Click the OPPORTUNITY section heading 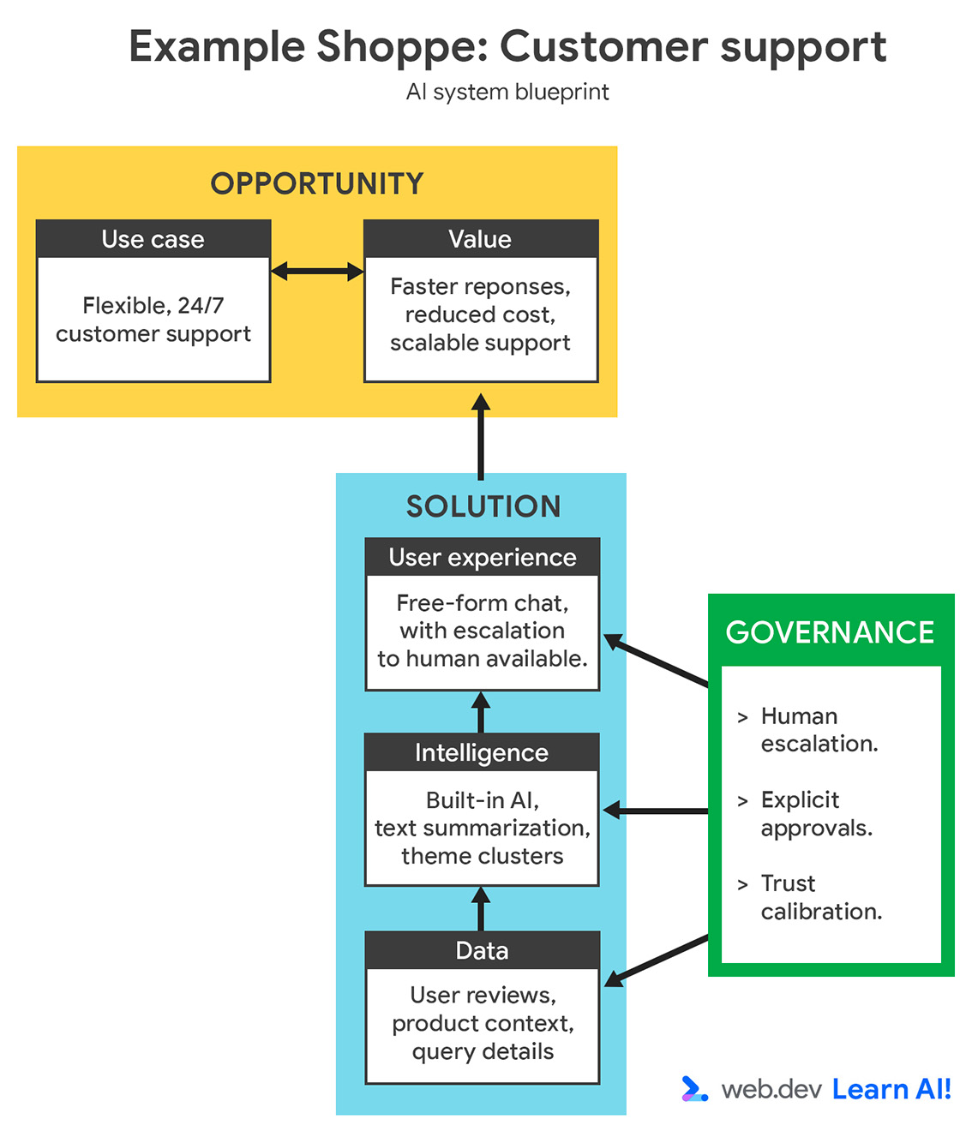click(317, 183)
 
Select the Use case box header click(153, 239)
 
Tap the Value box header click(480, 239)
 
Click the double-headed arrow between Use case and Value click(317, 272)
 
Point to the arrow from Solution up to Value click(481, 437)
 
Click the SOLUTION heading click(483, 506)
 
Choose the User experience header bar click(482, 557)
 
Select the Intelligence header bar click(481, 752)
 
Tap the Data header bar click(482, 950)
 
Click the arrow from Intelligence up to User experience click(481, 712)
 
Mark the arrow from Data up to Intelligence click(481, 908)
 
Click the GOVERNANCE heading click(830, 632)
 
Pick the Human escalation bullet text click(819, 730)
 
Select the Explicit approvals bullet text click(816, 814)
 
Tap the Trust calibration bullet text click(820, 897)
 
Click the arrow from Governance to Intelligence click(656, 811)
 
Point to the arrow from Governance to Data click(657, 960)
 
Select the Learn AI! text click(891, 1089)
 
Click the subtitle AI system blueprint click(507, 92)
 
